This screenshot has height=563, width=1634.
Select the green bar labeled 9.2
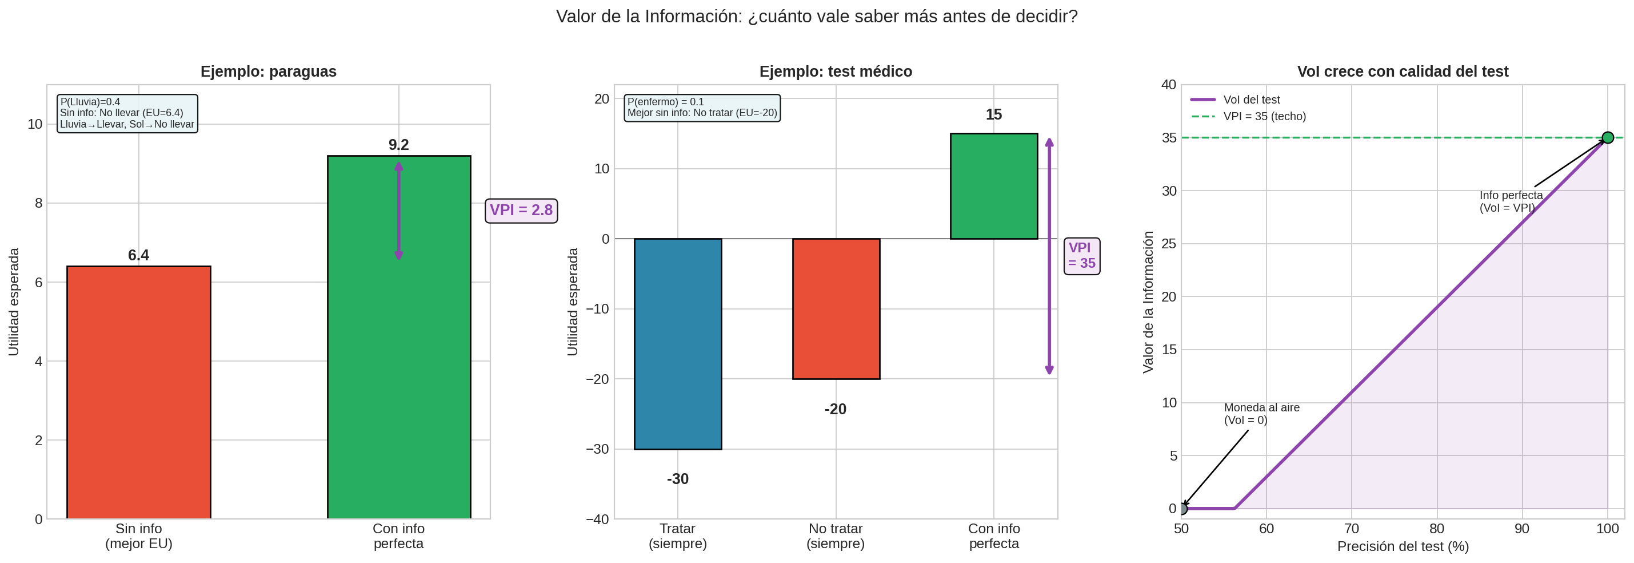tap(398, 336)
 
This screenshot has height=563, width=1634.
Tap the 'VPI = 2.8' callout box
tap(521, 210)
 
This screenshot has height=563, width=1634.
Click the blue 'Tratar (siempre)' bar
tap(677, 343)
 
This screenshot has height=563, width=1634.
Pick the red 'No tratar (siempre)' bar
tap(836, 308)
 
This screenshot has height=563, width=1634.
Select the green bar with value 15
tap(993, 186)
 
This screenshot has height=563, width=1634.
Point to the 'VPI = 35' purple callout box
tap(1081, 256)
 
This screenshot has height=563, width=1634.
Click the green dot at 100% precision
tap(1607, 138)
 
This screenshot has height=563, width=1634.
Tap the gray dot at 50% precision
tap(1182, 509)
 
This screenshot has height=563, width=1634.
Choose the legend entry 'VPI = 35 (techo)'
tap(1264, 116)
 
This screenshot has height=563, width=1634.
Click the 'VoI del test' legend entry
tap(1251, 100)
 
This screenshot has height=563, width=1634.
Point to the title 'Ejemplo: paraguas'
tap(268, 72)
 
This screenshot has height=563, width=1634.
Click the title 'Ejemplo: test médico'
tap(836, 72)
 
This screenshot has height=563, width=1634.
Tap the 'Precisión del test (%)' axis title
tap(1403, 546)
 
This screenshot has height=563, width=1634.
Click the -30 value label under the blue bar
tap(677, 479)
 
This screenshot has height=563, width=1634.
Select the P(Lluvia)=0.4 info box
tap(127, 113)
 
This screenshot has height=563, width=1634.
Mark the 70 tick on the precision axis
tap(1352, 529)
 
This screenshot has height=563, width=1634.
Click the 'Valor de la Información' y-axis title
tap(1148, 302)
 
